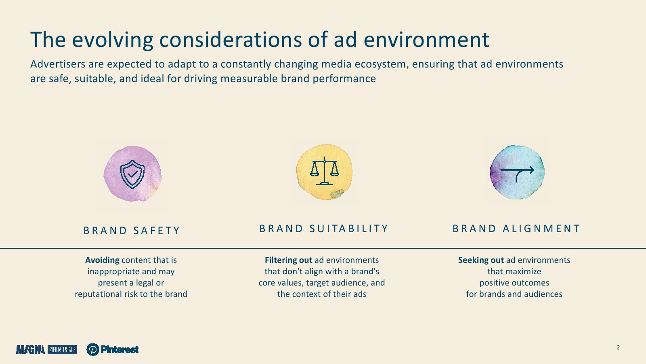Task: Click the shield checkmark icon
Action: click(132, 174)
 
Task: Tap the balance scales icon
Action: click(325, 171)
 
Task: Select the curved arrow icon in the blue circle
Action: click(517, 174)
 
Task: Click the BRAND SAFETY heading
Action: click(132, 231)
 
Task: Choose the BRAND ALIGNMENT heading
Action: click(516, 229)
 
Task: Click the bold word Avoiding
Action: click(102, 260)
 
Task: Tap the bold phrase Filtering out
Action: click(288, 260)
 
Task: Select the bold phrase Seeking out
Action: click(481, 260)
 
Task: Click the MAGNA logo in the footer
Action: click(31, 349)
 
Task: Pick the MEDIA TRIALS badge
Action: click(62, 349)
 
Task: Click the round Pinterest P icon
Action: click(93, 349)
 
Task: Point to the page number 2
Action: click(618, 347)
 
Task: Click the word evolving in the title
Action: click(113, 40)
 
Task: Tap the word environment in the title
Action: click(426, 40)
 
